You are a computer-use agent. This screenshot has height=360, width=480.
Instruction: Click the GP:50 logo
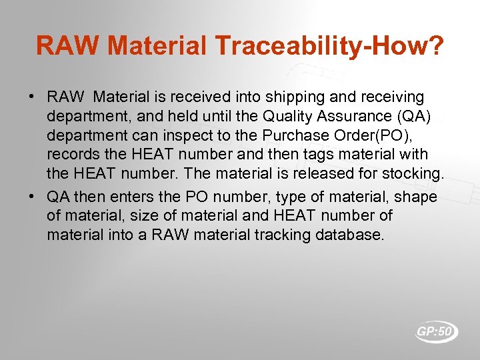[x=436, y=331]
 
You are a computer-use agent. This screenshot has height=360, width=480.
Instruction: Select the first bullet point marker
[x=32, y=97]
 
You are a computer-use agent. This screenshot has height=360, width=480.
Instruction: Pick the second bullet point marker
[x=32, y=197]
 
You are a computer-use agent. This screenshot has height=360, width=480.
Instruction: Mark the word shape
[x=415, y=197]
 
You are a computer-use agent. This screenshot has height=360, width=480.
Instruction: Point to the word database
[x=348, y=235]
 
